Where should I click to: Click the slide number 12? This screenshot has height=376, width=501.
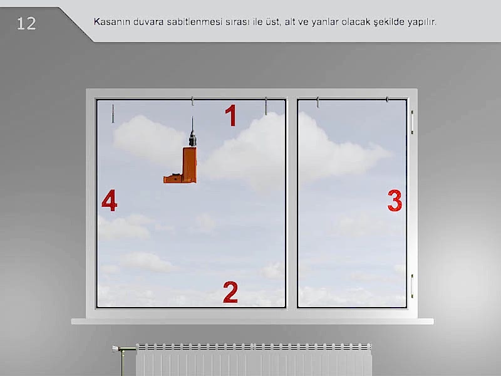coord(26,24)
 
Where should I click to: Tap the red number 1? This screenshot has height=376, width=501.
coord(231,115)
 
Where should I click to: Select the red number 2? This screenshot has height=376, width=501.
coord(230,292)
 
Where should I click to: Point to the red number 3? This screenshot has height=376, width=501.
coord(395,201)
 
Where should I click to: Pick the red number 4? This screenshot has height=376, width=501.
coord(109,201)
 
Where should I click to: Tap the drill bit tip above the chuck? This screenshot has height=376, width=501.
coord(192,117)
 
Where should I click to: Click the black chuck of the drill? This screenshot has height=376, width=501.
coord(192,138)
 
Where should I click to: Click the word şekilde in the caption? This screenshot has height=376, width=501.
coord(389,23)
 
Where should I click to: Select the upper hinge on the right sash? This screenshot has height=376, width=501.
coord(412,122)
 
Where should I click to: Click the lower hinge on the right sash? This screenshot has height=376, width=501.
coord(412,286)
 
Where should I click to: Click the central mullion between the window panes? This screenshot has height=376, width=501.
coord(291,203)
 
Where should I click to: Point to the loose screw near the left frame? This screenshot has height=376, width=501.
coord(113,113)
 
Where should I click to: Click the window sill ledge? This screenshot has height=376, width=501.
coord(252,321)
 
